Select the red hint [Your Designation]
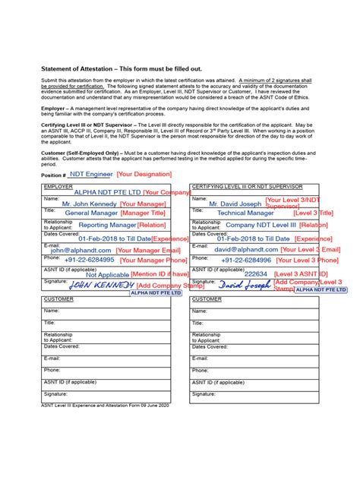coord(144,174)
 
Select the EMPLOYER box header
coord(58,186)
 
